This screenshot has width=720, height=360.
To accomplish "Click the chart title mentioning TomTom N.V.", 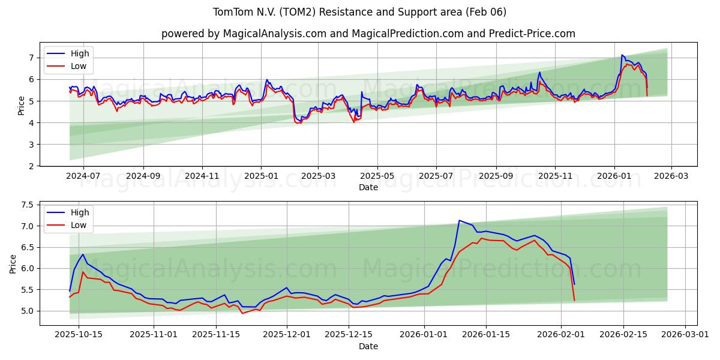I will pyautogui.click(x=359, y=12).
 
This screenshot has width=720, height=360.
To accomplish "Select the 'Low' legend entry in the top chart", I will pyautogui.click(x=79, y=66).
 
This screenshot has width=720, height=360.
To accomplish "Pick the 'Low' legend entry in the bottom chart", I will pyautogui.click(x=79, y=225).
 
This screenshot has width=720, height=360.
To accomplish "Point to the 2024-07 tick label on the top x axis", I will pyautogui.click(x=83, y=176).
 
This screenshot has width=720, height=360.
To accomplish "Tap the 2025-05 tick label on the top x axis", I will pyautogui.click(x=377, y=176).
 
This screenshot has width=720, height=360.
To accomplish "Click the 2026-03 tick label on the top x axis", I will pyautogui.click(x=671, y=176).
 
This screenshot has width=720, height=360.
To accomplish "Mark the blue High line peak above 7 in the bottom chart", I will pyautogui.click(x=459, y=220).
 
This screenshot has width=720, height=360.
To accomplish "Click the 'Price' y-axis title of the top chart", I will pyautogui.click(x=22, y=105).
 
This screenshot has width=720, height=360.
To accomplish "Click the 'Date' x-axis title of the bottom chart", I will pyautogui.click(x=368, y=346).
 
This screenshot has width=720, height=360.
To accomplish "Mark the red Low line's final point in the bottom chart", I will pyautogui.click(x=574, y=300).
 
